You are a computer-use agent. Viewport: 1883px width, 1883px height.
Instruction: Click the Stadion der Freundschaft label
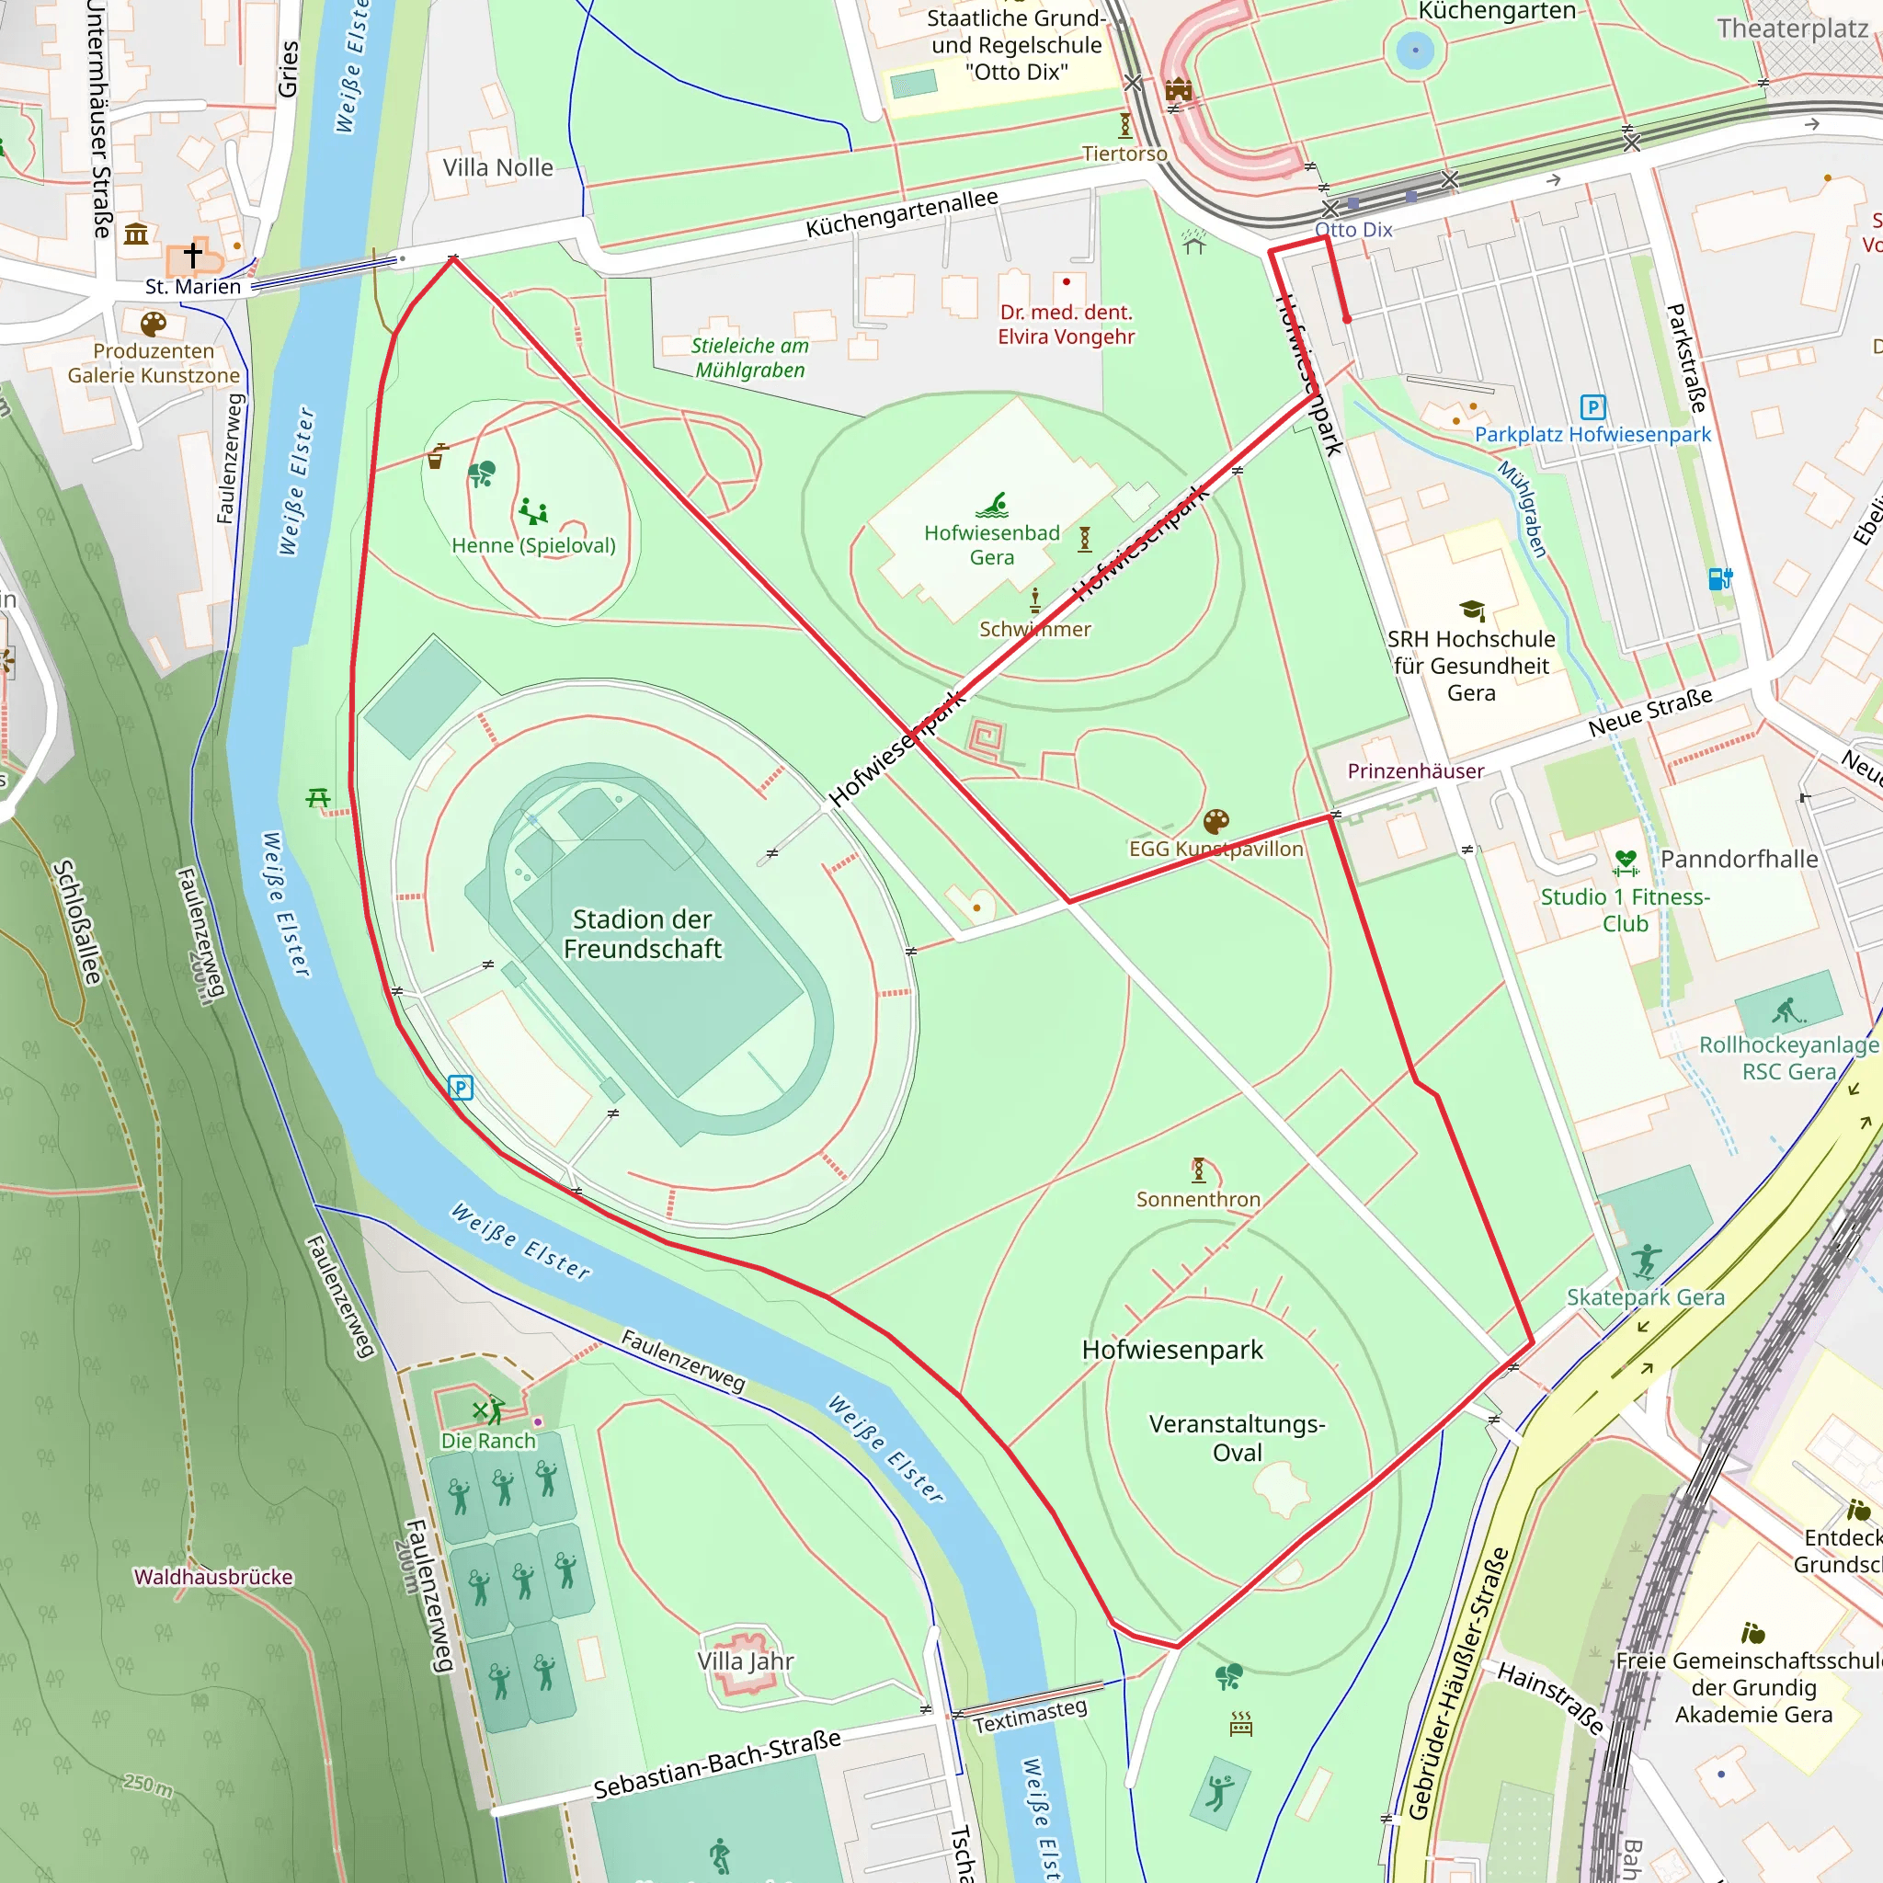643,934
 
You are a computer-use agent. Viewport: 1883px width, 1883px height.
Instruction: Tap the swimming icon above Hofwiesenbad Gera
992,505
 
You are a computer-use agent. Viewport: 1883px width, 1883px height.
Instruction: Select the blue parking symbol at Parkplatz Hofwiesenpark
1592,407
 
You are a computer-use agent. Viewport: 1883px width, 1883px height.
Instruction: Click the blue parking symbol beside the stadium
460,1088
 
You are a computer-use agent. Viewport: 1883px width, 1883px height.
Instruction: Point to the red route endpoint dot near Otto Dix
1347,319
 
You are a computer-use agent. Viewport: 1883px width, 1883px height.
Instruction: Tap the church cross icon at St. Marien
193,256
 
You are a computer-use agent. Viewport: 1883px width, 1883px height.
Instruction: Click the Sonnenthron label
1198,1200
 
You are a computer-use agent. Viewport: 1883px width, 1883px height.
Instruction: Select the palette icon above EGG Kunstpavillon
1215,822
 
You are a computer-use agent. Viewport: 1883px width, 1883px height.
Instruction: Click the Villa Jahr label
746,1660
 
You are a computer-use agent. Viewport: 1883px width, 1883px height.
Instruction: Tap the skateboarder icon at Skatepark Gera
1646,1261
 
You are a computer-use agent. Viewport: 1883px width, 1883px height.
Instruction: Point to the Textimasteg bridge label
1030,1717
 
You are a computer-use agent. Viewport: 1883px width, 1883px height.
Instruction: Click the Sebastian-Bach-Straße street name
717,1764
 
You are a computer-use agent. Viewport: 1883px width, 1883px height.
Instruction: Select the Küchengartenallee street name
902,213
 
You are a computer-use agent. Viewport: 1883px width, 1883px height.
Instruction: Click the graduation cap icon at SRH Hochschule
1472,611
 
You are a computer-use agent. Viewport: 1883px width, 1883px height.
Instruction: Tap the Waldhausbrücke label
213,1577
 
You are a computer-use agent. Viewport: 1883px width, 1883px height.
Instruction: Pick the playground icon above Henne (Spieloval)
533,510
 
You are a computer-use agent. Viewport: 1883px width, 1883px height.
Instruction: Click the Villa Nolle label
498,167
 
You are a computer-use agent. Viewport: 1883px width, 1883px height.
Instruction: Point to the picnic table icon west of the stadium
318,798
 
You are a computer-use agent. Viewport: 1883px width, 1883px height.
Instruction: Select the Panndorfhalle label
1739,859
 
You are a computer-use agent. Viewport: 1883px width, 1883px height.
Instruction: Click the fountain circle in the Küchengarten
1414,50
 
